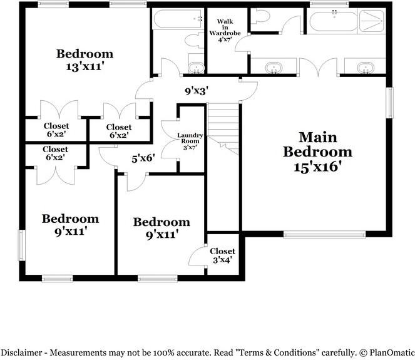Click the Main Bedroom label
click(317, 145)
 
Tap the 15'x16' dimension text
click(317, 167)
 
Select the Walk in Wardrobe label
click(225, 31)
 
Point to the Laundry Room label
click(190, 141)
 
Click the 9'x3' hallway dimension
click(197, 91)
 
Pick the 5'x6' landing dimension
click(143, 158)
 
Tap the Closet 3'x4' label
click(222, 255)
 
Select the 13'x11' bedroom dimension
click(84, 66)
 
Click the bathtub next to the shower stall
click(333, 22)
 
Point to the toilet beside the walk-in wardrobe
click(260, 17)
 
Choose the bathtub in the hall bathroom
click(178, 19)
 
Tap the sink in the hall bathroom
click(197, 68)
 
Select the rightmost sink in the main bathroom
click(366, 68)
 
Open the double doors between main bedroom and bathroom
click(319, 68)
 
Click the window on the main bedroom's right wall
click(389, 103)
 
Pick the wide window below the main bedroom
click(324, 234)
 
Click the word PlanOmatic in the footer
click(392, 352)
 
